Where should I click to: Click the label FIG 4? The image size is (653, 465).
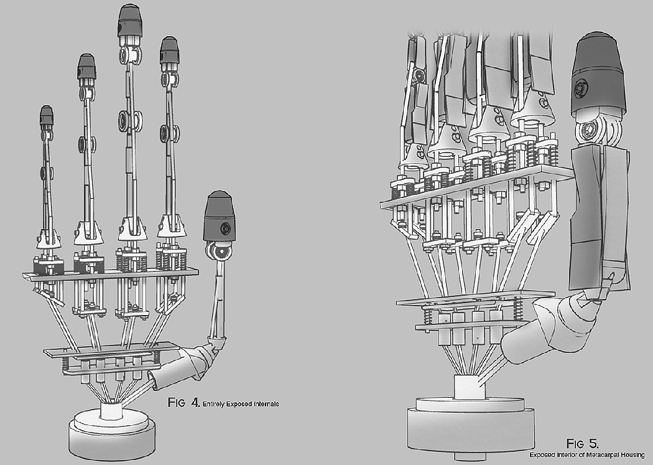pyautogui.click(x=183, y=403)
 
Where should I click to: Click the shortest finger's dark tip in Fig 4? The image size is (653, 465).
pyautogui.click(x=47, y=116)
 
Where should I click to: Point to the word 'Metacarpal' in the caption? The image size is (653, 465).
pyautogui.click(x=603, y=454)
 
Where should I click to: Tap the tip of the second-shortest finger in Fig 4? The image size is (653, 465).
pyautogui.click(x=86, y=66)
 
